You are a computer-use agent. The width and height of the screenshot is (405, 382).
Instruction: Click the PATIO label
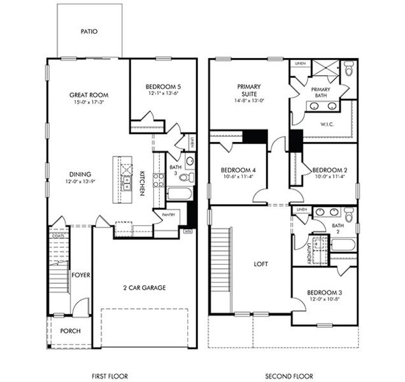click(89, 31)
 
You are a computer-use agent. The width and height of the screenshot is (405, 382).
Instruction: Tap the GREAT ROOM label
click(87, 95)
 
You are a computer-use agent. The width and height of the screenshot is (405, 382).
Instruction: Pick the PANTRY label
click(168, 215)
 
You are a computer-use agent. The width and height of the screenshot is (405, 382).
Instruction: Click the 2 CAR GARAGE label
click(144, 288)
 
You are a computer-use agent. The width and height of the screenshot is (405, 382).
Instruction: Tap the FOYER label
click(80, 275)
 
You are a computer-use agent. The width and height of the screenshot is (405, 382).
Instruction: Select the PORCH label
click(70, 331)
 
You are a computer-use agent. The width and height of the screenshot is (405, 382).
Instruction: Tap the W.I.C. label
click(327, 124)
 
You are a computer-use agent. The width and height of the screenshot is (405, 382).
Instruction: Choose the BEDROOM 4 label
click(238, 170)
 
